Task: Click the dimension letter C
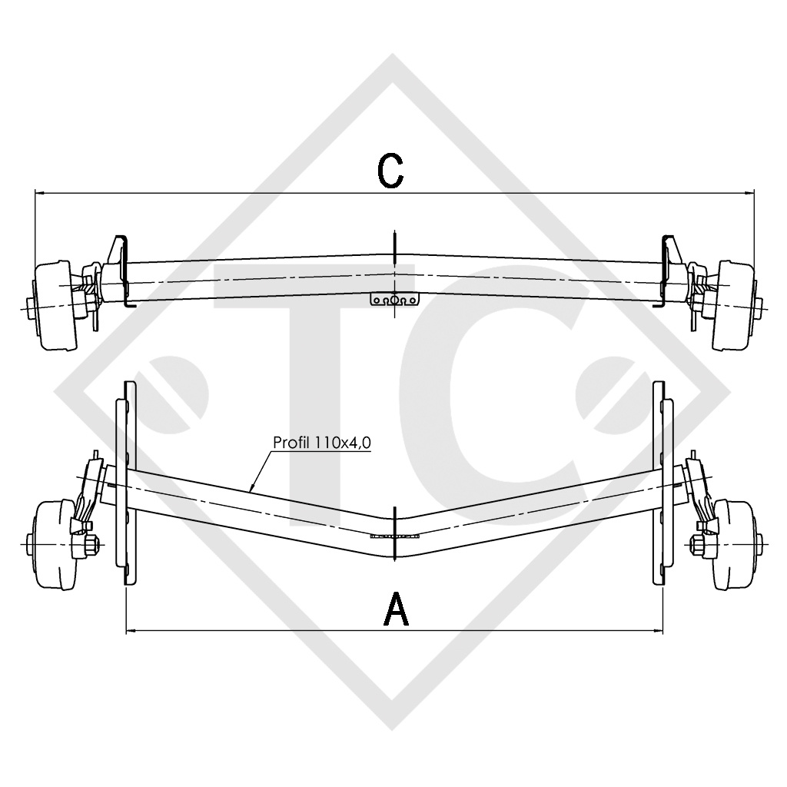pos(392,171)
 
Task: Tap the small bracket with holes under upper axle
pos(393,300)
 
